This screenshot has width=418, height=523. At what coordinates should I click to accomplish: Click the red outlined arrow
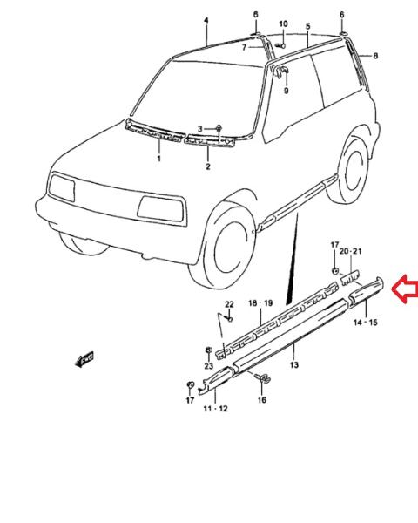[x=404, y=289]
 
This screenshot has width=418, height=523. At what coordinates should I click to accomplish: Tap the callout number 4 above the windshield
[x=206, y=21]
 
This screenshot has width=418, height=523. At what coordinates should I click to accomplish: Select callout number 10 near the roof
[x=283, y=24]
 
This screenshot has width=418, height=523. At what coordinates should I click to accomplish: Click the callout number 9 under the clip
[x=286, y=91]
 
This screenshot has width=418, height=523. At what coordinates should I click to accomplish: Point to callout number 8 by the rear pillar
[x=375, y=56]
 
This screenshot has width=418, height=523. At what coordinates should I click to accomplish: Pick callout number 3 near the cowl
[x=200, y=129]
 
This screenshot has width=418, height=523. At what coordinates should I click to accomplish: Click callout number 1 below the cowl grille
[x=159, y=158]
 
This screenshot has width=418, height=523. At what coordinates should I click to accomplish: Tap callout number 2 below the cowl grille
[x=208, y=166]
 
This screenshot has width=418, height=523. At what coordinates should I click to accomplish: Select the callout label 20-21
[x=350, y=251]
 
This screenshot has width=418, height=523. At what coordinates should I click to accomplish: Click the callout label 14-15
[x=366, y=323]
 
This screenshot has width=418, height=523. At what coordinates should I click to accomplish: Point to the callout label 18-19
[x=260, y=303]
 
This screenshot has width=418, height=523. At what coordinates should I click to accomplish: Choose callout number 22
[x=229, y=304]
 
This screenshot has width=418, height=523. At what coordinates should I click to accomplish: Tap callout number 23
[x=209, y=366]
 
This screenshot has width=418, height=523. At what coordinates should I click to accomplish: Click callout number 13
[x=294, y=365]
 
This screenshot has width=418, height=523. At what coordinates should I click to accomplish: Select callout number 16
[x=262, y=399]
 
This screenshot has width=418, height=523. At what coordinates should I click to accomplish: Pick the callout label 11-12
[x=215, y=409]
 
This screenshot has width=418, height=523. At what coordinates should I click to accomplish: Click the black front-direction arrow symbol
[x=84, y=359]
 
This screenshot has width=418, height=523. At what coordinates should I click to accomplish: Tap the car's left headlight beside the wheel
[x=160, y=208]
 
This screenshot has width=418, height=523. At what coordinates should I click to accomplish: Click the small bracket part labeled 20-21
[x=350, y=277]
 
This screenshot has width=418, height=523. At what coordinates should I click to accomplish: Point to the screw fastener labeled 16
[x=263, y=378]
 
